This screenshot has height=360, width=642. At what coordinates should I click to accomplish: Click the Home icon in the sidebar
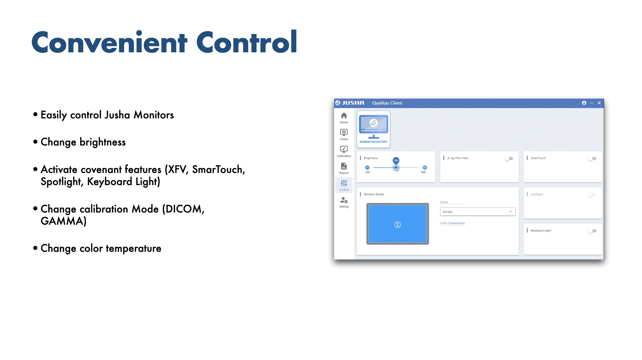[344, 116]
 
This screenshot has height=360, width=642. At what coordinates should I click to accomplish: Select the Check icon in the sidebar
[344, 132]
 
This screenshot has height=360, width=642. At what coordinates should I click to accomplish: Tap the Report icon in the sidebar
[344, 166]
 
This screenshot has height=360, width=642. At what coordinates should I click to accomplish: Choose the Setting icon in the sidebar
[344, 200]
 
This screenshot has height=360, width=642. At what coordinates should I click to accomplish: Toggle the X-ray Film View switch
[509, 158]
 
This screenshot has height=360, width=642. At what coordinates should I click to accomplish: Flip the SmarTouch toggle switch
[592, 158]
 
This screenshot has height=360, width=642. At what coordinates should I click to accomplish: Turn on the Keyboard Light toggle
[592, 231]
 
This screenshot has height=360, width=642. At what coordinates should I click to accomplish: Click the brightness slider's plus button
[425, 168]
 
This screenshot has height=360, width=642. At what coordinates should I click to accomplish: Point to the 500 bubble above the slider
[396, 161]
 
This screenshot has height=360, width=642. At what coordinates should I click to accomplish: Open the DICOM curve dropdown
[478, 212]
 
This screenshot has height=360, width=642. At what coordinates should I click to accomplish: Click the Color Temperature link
[452, 223]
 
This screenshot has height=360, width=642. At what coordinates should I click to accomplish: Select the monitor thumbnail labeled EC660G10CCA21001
[373, 129]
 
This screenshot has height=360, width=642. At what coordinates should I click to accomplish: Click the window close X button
[599, 103]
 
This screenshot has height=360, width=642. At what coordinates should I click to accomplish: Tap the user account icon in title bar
[584, 103]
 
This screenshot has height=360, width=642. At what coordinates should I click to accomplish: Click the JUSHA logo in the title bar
[350, 103]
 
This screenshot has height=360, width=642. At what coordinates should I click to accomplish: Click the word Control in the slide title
[247, 42]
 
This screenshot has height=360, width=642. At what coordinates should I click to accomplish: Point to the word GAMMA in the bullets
[62, 221]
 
